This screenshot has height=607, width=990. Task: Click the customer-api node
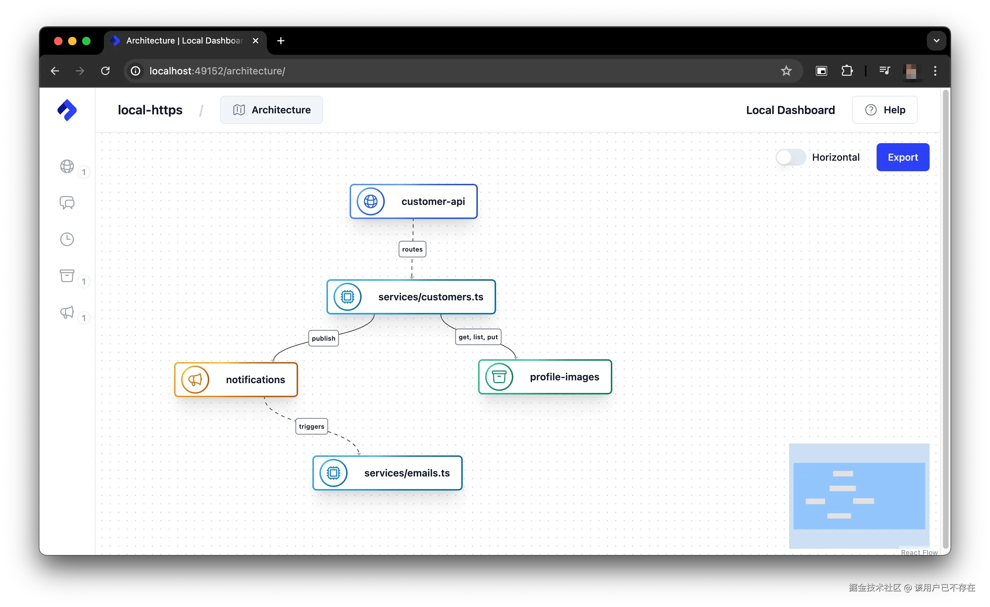point(414,201)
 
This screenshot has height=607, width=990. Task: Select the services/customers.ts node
point(411,297)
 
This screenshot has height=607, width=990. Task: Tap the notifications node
point(236,379)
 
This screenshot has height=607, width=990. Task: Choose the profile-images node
point(545,376)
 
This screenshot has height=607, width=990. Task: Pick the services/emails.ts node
point(387,473)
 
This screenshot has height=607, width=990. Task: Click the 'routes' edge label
point(412,249)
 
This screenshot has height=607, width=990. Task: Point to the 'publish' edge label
point(323,338)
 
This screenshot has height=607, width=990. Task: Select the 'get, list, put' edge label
point(478,337)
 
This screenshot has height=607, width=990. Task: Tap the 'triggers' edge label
point(311,426)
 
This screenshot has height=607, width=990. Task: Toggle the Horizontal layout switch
point(790,157)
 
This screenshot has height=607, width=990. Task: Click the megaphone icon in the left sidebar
point(67,312)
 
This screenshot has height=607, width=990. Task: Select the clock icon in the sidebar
point(67,239)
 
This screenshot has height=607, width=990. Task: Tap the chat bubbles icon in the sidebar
point(67,203)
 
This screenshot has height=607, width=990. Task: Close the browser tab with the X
point(256,41)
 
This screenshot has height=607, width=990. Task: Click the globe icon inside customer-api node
point(370,201)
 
